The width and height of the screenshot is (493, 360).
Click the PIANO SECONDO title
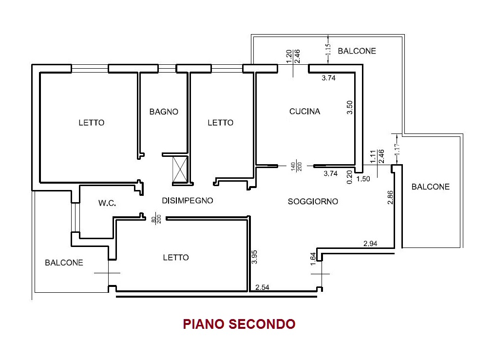[x=239, y=324]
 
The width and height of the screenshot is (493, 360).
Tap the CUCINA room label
[x=305, y=112]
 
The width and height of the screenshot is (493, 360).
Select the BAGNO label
[x=164, y=112]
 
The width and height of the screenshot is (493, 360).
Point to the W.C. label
[x=107, y=203]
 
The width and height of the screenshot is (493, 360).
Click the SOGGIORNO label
[x=313, y=201]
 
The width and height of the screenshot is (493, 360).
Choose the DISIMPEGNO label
[x=188, y=200]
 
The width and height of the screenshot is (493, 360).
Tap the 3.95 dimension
[x=254, y=257]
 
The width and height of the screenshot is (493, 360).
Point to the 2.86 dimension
[x=390, y=197]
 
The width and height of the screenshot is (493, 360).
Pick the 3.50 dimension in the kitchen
[x=349, y=107]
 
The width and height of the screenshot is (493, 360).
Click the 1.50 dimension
[x=363, y=179]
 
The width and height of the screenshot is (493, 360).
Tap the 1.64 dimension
[x=313, y=258]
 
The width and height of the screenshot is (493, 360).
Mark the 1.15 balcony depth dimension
[x=328, y=51]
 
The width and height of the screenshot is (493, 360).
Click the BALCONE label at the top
[x=357, y=51]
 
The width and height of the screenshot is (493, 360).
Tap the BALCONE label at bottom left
[x=64, y=263]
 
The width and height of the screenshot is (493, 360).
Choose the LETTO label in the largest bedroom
[x=91, y=123]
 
